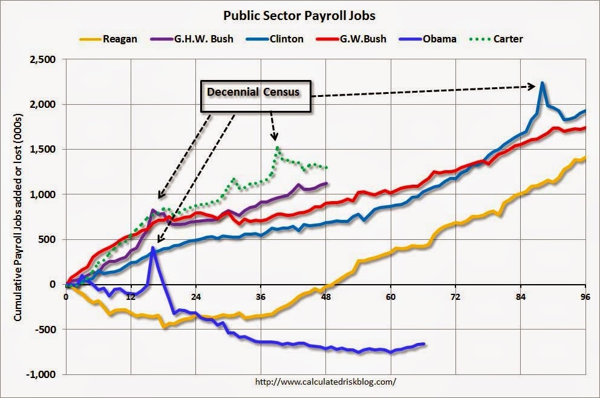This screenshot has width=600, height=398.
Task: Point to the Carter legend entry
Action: pyautogui.click(x=507, y=39)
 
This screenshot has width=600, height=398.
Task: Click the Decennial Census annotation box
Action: pyautogui.click(x=258, y=93)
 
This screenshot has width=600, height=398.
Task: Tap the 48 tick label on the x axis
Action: pyautogui.click(x=326, y=297)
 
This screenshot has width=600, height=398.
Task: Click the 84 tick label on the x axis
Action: pyautogui.click(x=521, y=297)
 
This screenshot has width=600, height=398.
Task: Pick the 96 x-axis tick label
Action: pyautogui.click(x=585, y=297)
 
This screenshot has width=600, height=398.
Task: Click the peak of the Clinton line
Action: pyautogui.click(x=543, y=82)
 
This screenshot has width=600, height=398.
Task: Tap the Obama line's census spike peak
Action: pyautogui.click(x=153, y=247)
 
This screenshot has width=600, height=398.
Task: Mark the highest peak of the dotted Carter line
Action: pyautogui.click(x=277, y=147)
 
